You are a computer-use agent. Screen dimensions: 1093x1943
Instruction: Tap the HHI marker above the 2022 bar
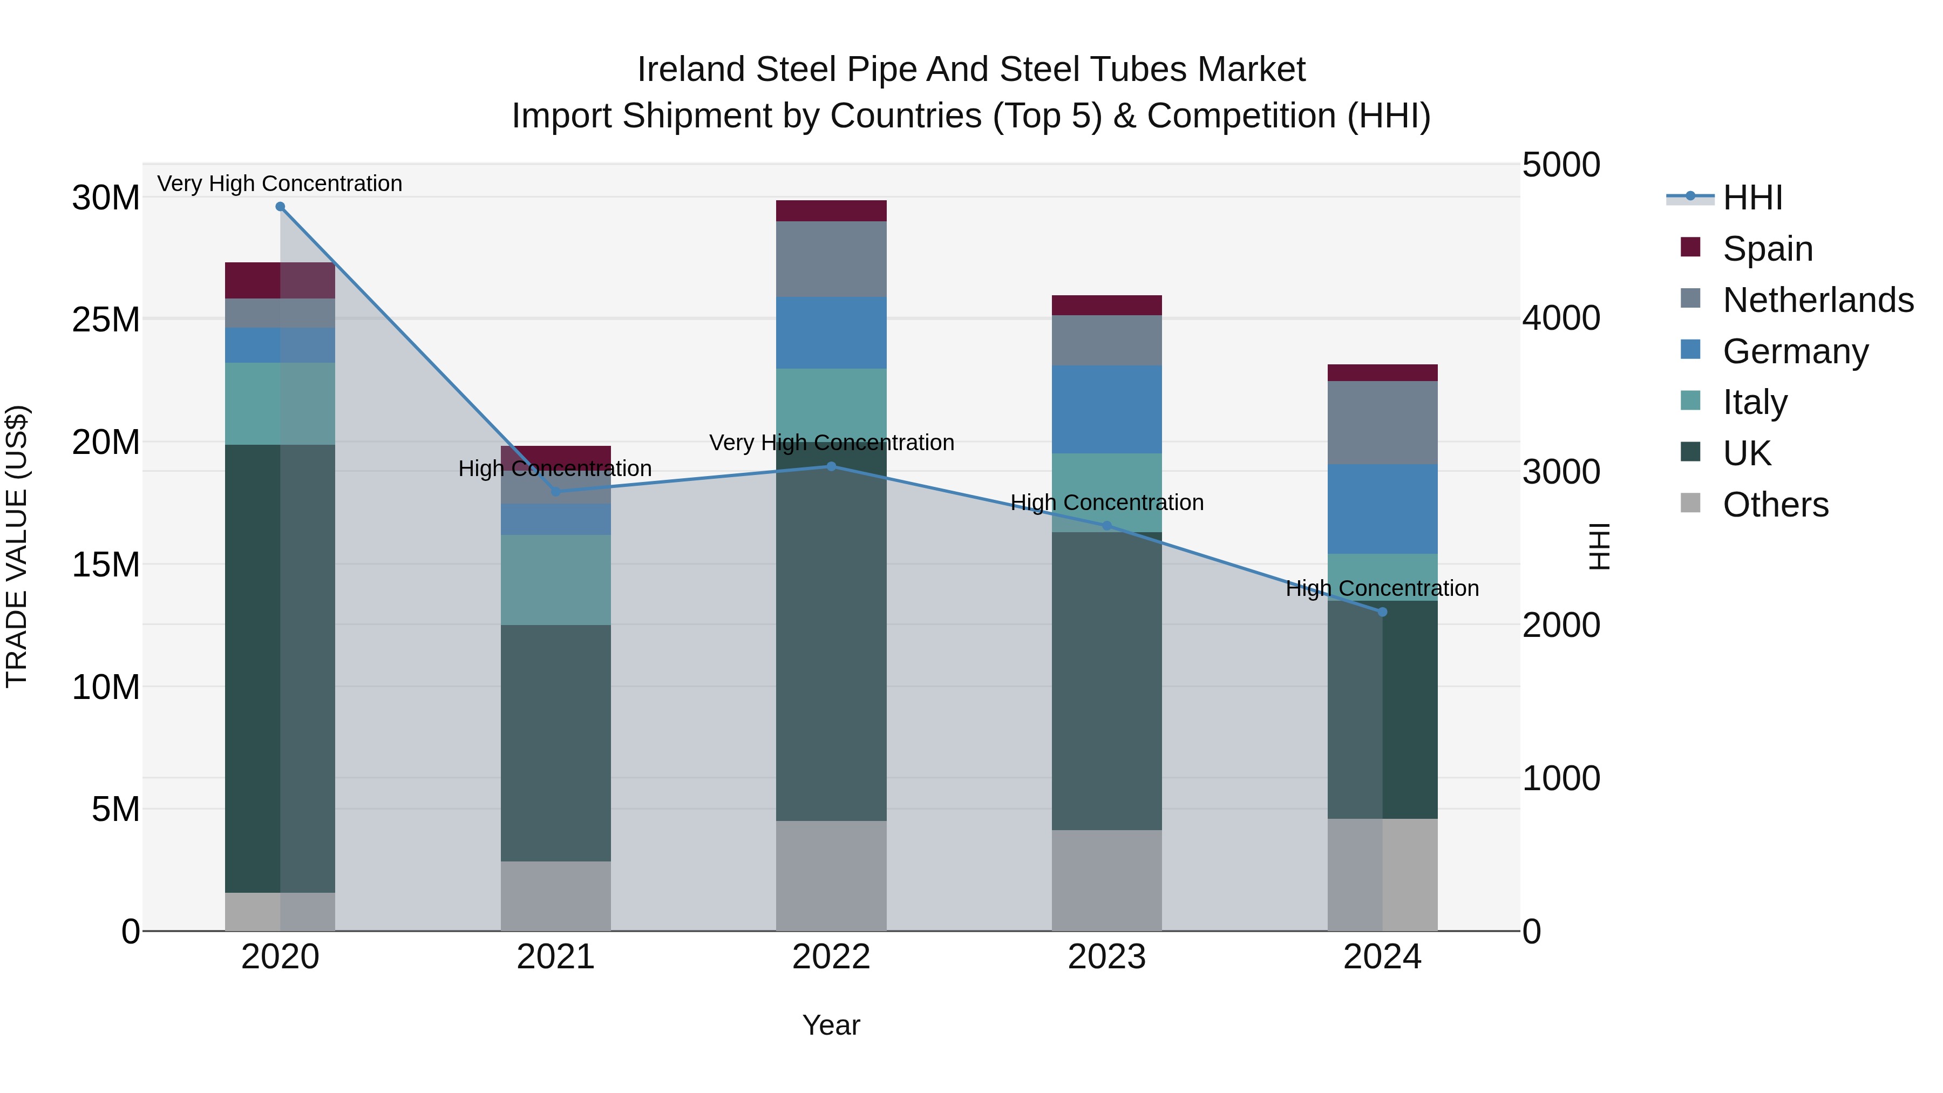point(831,466)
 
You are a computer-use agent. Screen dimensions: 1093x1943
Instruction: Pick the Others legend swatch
point(1690,503)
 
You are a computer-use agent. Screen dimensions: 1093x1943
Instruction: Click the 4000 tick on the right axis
point(1560,317)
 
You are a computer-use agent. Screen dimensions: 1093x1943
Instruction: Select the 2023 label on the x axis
point(1106,956)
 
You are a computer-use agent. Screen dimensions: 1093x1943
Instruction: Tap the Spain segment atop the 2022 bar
point(831,211)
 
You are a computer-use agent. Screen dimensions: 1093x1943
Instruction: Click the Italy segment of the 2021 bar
point(556,579)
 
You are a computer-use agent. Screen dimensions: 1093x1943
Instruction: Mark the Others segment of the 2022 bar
point(831,875)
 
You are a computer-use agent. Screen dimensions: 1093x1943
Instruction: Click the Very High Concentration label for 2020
point(280,184)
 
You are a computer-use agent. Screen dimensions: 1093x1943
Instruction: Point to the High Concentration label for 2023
point(1106,503)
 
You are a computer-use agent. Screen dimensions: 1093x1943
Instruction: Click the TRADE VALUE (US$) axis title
point(17,546)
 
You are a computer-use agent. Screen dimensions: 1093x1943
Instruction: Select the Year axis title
point(831,1025)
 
